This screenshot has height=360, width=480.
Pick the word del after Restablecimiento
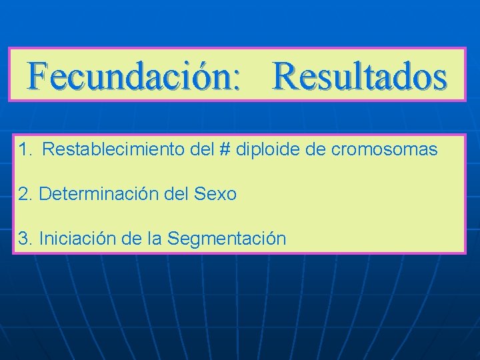coord(201,149)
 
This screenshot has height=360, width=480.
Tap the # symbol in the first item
coord(224,149)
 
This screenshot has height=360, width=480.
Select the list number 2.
coord(25,194)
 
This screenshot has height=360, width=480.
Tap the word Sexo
coord(215,194)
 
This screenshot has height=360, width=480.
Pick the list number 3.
coord(25,239)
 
